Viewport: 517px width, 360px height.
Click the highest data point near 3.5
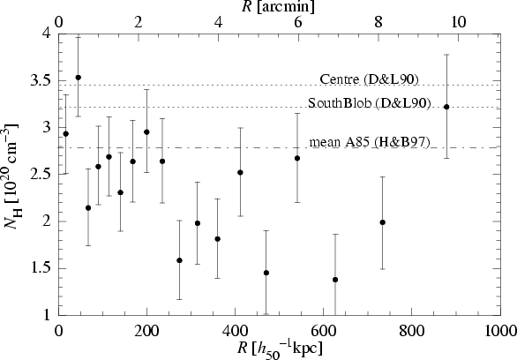click(79, 78)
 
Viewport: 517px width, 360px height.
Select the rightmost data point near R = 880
click(446, 107)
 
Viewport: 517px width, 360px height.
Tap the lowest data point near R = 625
click(335, 280)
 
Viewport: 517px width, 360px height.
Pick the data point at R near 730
click(383, 222)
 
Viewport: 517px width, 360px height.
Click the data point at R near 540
click(297, 158)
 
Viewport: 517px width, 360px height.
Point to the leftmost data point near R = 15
click(65, 133)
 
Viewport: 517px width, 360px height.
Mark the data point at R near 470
click(266, 273)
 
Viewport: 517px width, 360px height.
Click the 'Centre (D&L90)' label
click(369, 79)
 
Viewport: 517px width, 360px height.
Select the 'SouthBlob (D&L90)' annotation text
click(370, 103)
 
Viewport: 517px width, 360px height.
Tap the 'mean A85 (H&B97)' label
click(370, 142)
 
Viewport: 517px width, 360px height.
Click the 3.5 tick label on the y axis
click(39, 81)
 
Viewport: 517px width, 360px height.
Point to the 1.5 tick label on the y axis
click(39, 269)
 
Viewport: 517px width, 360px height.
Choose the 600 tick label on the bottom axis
click(324, 331)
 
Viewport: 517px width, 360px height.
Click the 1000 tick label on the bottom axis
click(500, 331)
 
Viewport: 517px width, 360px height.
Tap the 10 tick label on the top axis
click(458, 22)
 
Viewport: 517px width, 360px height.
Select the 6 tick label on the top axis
click(298, 22)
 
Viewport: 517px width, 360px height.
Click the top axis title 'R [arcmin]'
click(278, 6)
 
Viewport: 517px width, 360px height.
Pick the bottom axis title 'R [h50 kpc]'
click(280, 349)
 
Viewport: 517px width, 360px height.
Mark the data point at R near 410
click(240, 172)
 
